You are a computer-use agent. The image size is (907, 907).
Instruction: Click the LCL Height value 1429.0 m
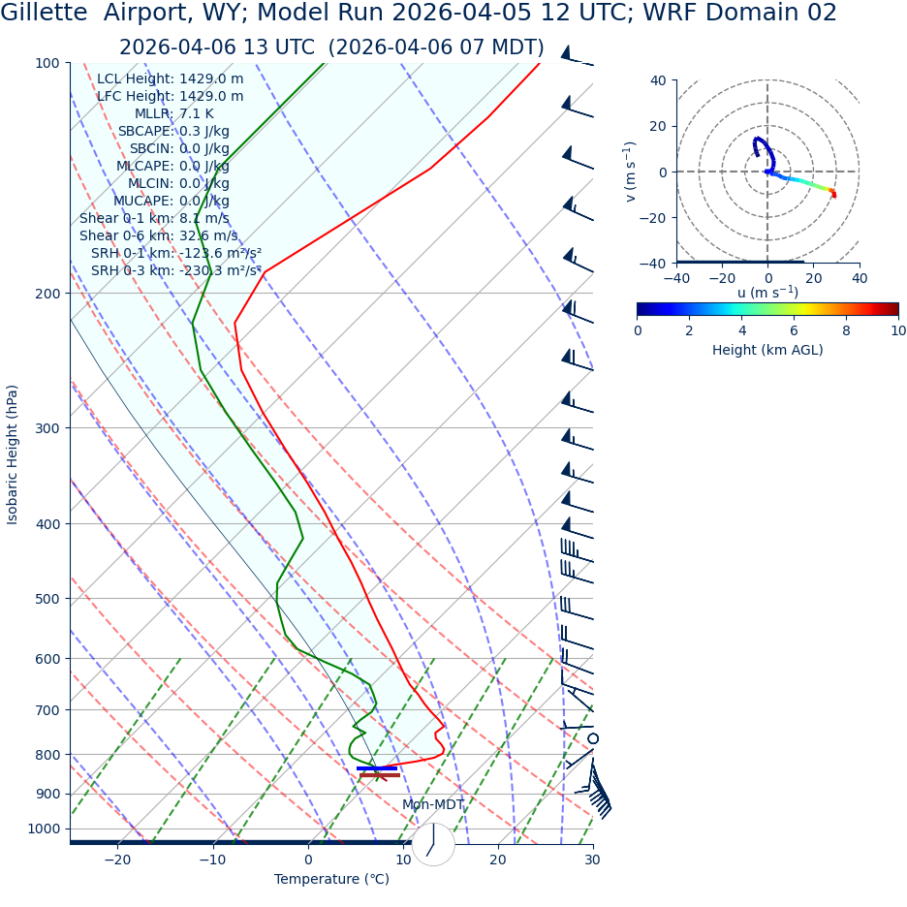pos(211,78)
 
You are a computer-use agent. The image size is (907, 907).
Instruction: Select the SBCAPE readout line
pos(173,131)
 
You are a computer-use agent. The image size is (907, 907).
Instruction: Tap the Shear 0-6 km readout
pos(158,235)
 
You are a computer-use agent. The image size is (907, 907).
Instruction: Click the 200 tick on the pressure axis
pos(47,294)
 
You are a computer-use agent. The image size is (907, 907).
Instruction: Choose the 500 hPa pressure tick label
pos(47,599)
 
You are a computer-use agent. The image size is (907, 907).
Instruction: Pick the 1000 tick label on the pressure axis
pos(44,829)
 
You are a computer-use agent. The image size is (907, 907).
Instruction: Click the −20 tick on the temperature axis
pos(117,860)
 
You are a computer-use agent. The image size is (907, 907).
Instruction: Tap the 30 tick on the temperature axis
pos(592,860)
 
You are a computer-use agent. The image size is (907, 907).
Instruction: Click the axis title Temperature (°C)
pos(331,879)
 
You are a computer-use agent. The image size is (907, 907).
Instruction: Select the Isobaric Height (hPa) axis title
pos(13,454)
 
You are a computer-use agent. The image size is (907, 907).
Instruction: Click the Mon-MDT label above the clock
pos(433,805)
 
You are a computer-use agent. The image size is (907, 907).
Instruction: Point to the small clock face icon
pos(433,844)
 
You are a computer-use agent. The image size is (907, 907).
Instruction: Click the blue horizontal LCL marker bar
pos(377,768)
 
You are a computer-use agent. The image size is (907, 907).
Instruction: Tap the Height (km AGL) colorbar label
pos(767,350)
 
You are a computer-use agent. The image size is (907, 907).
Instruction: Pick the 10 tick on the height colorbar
pos(898,330)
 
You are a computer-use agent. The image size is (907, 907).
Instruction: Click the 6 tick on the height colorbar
pos(794,330)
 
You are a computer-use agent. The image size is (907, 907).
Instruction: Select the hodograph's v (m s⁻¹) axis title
pos(631,172)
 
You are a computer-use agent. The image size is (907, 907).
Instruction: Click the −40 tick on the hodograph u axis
pos(676,277)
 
